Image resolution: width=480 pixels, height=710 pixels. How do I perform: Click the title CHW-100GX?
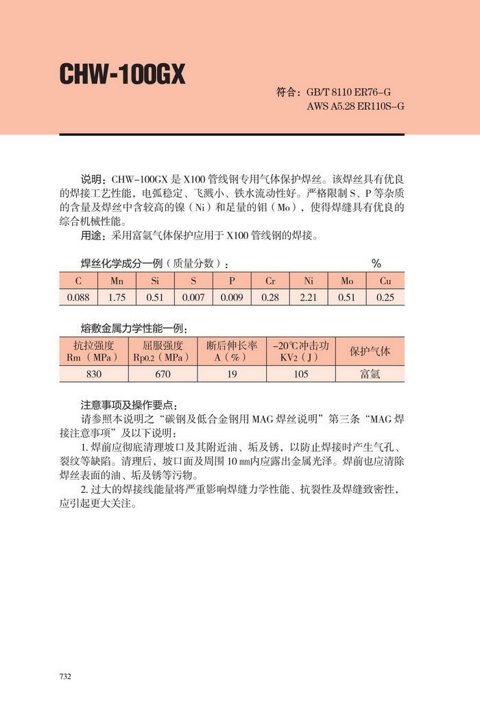click(x=123, y=75)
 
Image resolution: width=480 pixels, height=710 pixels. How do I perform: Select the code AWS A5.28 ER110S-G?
click(x=355, y=106)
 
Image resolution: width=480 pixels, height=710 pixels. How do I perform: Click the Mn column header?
click(x=117, y=281)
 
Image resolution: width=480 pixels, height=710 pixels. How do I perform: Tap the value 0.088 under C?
click(x=79, y=298)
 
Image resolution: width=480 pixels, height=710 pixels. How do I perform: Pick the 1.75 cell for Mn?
click(x=117, y=298)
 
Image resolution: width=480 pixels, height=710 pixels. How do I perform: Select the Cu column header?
click(x=385, y=281)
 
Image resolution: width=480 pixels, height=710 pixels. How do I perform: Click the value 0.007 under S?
click(x=193, y=298)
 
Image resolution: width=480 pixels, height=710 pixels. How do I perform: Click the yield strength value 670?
click(x=163, y=374)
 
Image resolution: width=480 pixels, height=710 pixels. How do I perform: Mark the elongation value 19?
click(x=231, y=374)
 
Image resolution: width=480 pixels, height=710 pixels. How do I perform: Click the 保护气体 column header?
click(x=370, y=351)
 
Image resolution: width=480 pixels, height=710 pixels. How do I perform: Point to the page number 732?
click(x=65, y=676)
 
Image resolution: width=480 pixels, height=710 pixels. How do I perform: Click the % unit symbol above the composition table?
click(x=376, y=263)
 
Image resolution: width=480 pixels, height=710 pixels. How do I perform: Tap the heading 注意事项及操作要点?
click(x=128, y=404)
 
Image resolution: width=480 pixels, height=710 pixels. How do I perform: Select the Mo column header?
click(x=347, y=281)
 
